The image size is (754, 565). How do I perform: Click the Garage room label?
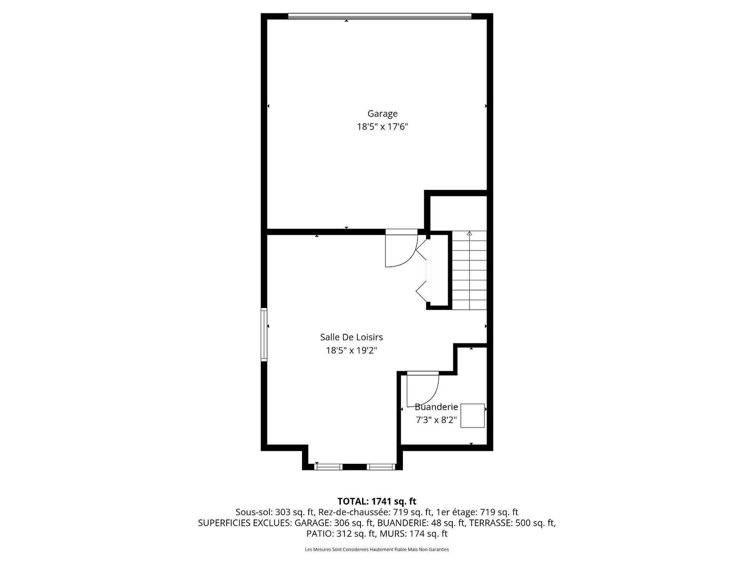[382, 114]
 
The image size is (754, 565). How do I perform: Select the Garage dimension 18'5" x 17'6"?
[382, 127]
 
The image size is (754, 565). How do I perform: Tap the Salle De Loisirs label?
[352, 337]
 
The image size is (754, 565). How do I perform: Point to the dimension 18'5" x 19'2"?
[352, 351]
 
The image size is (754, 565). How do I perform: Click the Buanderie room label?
[436, 407]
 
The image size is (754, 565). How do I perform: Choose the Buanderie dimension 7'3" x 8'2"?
[436, 420]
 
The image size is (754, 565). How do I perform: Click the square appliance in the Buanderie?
[472, 415]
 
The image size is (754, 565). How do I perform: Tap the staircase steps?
[469, 270]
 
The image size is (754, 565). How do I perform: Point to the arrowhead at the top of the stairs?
[469, 234]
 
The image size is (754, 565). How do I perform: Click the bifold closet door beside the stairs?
[424, 270]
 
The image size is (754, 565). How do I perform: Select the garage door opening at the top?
[379, 16]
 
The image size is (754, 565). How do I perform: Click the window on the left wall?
[264, 334]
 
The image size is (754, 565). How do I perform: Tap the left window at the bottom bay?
[328, 467]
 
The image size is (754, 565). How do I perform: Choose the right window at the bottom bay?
[381, 467]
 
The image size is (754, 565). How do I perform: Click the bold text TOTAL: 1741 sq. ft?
[377, 501]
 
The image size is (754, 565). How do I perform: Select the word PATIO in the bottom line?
[320, 534]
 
